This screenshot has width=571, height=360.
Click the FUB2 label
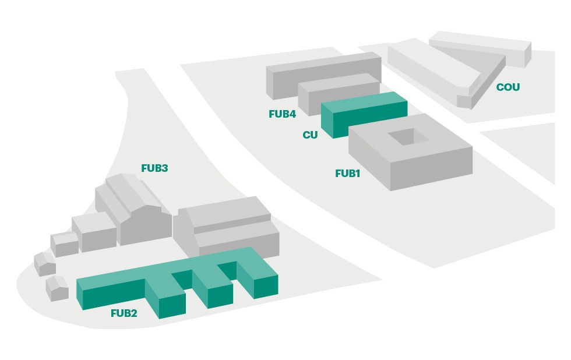pos(124,313)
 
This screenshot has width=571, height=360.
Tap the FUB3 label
pos(154,168)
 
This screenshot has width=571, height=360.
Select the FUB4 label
pos(283,114)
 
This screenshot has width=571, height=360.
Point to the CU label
pos(310,135)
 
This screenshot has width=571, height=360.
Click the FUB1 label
pos(348,173)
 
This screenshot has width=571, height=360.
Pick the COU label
pos(507,87)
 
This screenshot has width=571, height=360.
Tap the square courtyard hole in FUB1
pos(410,137)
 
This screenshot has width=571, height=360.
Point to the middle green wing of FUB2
pos(213,288)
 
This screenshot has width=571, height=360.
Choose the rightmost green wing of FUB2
pos(259,280)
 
